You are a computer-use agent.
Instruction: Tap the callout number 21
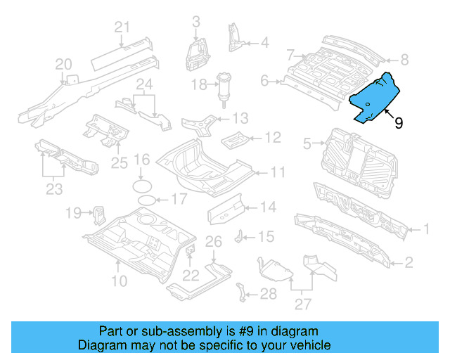pos(123,27)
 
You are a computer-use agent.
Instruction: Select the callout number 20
pos(64,65)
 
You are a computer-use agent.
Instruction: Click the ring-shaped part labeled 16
pos(142,185)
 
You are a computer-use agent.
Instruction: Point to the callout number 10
pos(118,281)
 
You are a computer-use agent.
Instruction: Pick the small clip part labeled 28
pos(243,292)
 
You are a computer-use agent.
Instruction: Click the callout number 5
pos(307,144)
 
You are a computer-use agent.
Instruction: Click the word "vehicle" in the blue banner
pos(305,345)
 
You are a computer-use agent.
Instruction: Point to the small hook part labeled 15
pos(240,235)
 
